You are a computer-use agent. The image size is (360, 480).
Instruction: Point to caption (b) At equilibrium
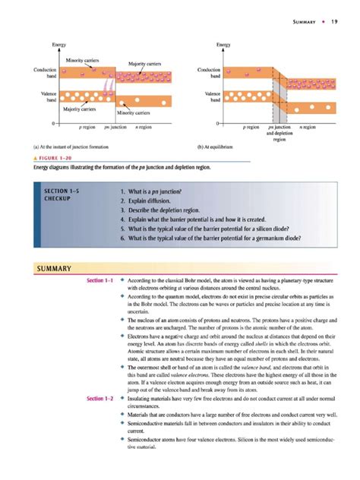(x=217, y=147)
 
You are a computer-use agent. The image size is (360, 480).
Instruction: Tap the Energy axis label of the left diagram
(x=58, y=46)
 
